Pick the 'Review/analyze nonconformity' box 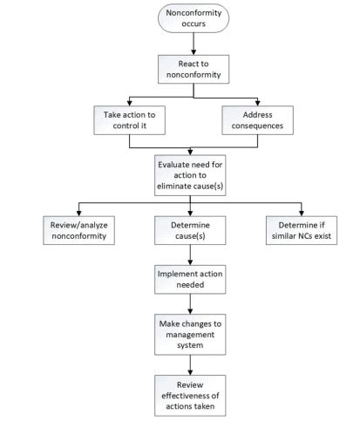tap(78, 229)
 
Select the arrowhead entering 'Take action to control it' tap(130, 101)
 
